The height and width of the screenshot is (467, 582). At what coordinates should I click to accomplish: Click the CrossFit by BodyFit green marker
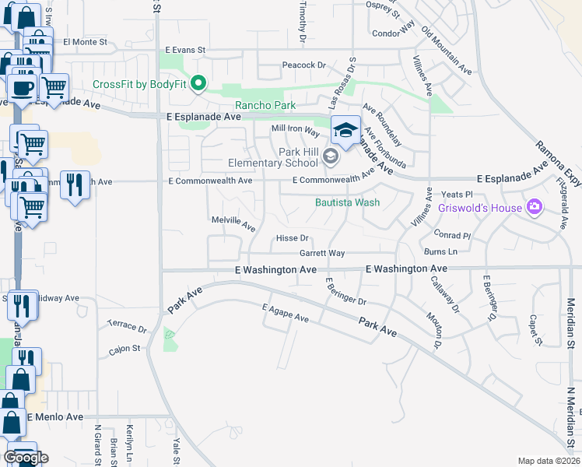pos(198,83)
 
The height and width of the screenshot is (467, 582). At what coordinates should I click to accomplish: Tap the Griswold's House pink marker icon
pos(535,207)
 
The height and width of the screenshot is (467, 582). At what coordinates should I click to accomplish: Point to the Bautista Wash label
pos(347,202)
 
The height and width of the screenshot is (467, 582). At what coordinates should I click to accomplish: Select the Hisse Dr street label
pos(293,238)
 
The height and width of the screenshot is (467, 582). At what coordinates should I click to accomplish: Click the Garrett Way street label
pos(322,254)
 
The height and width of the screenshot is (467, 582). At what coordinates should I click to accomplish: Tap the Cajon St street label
pos(124,349)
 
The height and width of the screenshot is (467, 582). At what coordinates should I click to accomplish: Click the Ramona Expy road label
pos(557,163)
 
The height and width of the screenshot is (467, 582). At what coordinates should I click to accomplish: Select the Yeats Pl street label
pos(457,194)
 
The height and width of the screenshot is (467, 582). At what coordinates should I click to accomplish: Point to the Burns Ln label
pos(441,251)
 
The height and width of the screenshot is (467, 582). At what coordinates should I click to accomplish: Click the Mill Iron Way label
pos(296,128)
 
